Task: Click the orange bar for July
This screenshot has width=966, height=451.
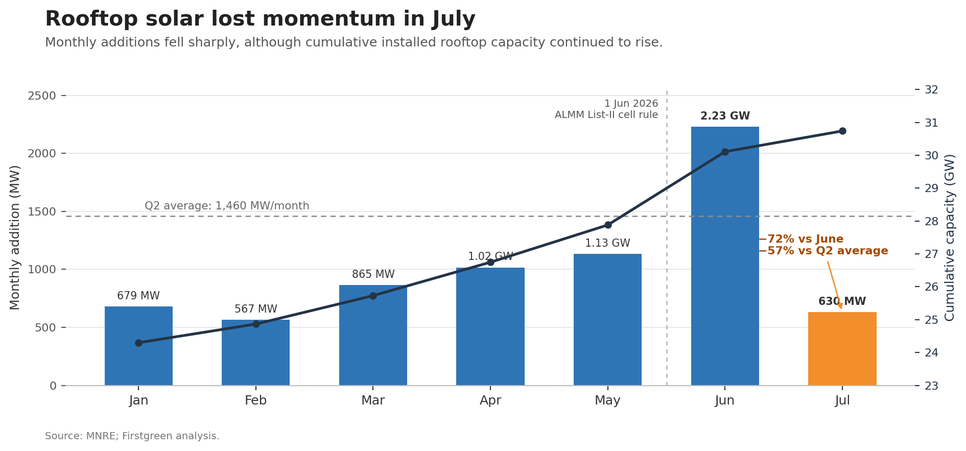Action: tap(842, 349)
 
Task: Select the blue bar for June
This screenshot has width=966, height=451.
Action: tap(725, 256)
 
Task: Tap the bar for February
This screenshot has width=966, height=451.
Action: tap(255, 352)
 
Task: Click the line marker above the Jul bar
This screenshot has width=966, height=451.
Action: tap(842, 131)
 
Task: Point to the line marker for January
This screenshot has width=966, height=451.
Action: tap(138, 343)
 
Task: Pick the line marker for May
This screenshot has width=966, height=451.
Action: tap(608, 225)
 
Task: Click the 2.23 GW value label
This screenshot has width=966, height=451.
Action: tap(725, 116)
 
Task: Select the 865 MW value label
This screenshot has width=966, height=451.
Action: tap(373, 274)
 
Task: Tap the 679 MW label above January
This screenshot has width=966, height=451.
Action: tap(138, 296)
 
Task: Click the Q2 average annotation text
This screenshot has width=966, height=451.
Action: tap(227, 206)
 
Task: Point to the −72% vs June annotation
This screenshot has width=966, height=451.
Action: tap(801, 239)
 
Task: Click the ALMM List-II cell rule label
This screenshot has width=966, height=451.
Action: tap(606, 115)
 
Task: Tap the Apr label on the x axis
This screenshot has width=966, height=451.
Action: tap(490, 400)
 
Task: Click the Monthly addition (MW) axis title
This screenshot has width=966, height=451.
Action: tap(15, 237)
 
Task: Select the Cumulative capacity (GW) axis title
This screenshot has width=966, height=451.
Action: tap(950, 238)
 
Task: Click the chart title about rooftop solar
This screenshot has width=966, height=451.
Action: tap(260, 19)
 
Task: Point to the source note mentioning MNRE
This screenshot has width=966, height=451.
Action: tap(132, 436)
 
